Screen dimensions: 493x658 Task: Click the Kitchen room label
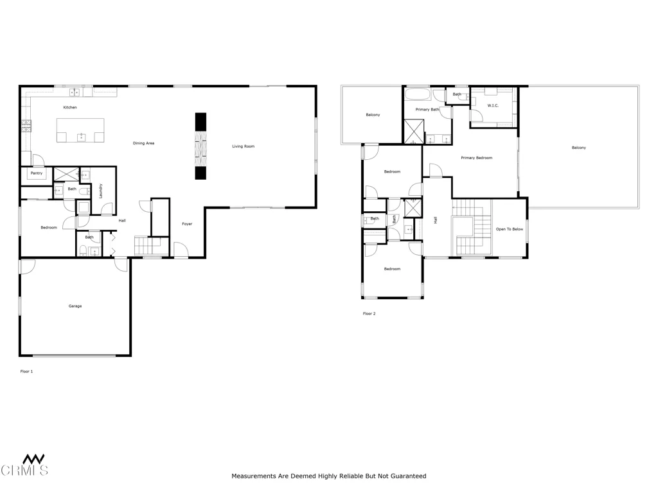click(x=69, y=107)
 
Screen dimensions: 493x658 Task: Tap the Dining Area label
click(x=143, y=143)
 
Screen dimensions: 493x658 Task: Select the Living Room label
click(x=243, y=146)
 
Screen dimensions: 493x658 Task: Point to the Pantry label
click(x=36, y=173)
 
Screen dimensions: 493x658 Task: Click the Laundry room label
click(x=101, y=191)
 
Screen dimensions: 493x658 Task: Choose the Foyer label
click(x=187, y=224)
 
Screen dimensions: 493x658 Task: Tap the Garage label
click(x=75, y=306)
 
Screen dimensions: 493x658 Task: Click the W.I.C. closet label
click(x=493, y=105)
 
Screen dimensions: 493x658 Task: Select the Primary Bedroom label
click(x=476, y=158)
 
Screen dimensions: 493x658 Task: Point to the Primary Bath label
click(x=427, y=110)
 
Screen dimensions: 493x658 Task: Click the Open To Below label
click(x=509, y=229)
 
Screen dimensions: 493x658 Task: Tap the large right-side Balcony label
click(x=578, y=148)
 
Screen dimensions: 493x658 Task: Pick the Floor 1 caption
click(x=26, y=372)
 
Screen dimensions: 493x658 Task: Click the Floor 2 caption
click(x=369, y=314)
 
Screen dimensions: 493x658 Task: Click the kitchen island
click(x=80, y=130)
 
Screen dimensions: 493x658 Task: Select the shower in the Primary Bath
click(x=413, y=132)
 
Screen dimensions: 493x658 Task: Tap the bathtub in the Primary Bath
click(x=418, y=96)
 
